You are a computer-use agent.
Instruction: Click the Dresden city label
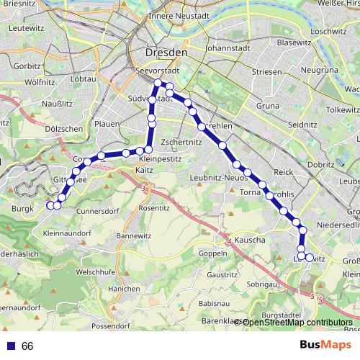[x=166, y=53]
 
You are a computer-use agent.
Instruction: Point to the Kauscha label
[x=249, y=240]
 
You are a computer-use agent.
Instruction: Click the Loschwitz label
[x=330, y=32]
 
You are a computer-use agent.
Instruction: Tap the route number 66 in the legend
[x=28, y=346]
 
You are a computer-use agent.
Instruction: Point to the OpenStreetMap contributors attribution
[x=297, y=323]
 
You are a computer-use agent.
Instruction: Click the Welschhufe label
[x=97, y=271]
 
